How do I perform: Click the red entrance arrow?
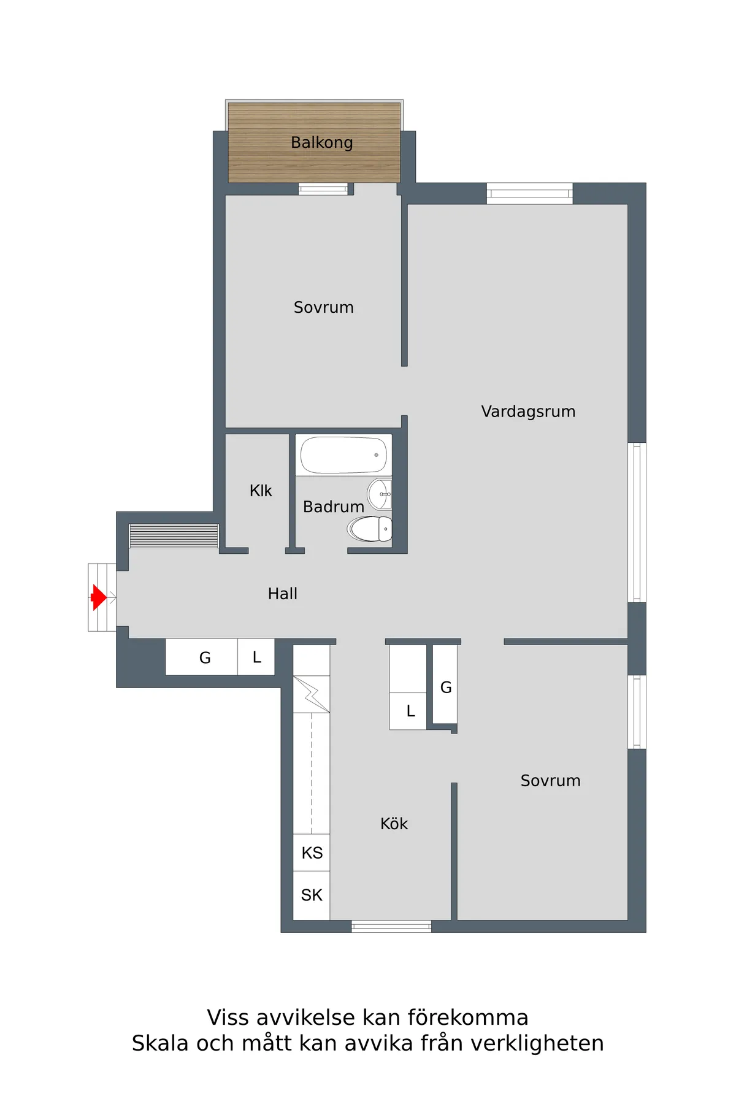98,597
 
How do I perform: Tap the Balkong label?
322,143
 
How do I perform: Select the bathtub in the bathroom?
343,455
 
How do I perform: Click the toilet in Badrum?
370,529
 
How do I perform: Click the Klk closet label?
261,491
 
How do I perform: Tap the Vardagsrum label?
528,412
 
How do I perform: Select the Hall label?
283,594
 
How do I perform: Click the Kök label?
394,824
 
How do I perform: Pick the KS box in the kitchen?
312,853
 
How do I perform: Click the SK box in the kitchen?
312,895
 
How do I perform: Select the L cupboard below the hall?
256,657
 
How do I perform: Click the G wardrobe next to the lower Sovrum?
445,684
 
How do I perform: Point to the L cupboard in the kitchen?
408,711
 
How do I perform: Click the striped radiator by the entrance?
174,536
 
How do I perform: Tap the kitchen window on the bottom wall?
391,926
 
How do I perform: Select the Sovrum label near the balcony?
324,307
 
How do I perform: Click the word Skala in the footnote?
160,1043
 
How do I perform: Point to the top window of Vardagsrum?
530,193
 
